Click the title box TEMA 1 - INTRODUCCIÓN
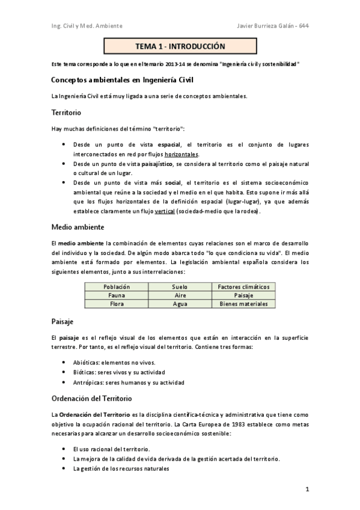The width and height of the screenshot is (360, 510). point(180,46)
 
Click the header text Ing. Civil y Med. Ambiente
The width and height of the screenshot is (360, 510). point(87,26)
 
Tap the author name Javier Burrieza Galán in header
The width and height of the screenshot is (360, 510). point(261,26)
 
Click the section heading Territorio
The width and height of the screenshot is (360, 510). point(66,112)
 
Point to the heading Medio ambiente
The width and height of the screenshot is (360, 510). point(78,227)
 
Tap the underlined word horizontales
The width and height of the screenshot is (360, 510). point(181,154)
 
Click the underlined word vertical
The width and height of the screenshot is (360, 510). point(164,212)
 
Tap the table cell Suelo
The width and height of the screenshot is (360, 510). point(180,287)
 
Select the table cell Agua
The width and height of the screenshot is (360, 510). point(180,304)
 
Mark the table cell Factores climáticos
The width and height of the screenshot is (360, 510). point(243,287)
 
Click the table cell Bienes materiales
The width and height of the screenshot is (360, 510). point(243,304)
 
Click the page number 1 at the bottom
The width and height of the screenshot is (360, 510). point(307,490)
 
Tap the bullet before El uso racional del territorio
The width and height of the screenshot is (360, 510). point(64,449)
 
